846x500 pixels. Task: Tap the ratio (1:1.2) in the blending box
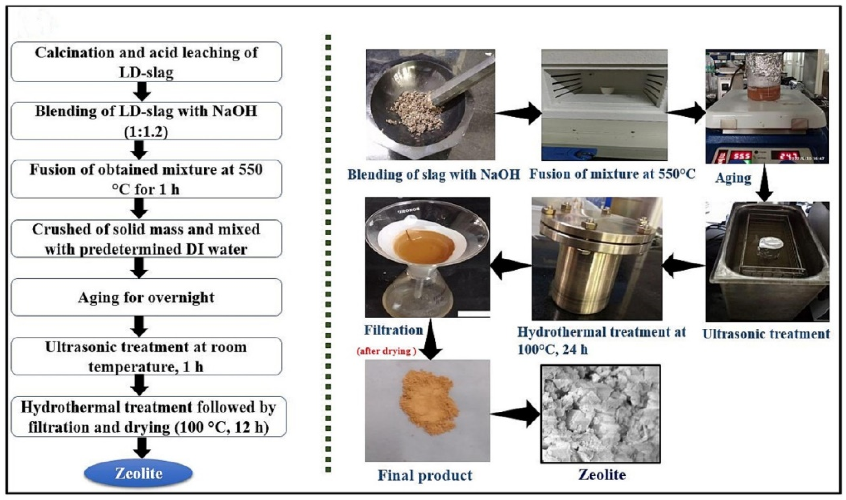coord(146,132)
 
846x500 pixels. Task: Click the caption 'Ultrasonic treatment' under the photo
coord(766,334)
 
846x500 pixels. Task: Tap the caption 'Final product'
coord(425,475)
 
